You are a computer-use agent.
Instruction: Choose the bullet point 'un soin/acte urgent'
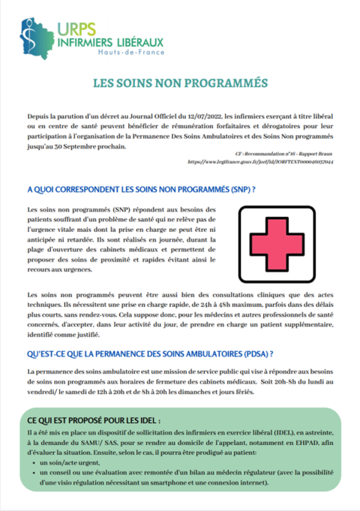(x=74, y=464)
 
